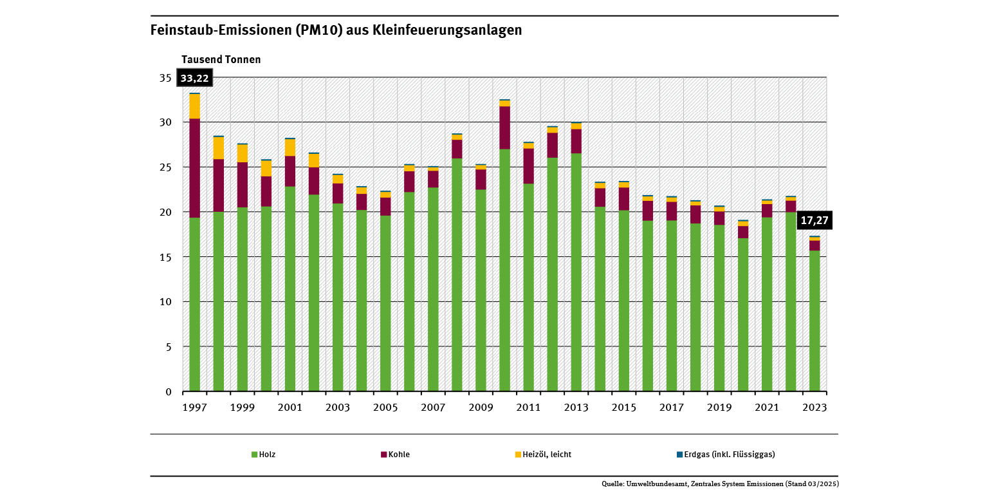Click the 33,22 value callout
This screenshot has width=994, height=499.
(x=194, y=79)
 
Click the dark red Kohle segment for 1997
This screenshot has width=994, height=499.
(x=194, y=168)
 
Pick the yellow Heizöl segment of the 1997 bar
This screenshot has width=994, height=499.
(x=194, y=106)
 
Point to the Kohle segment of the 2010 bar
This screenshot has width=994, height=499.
(x=504, y=127)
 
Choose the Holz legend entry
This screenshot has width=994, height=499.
(x=264, y=455)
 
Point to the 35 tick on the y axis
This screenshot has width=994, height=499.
(x=165, y=78)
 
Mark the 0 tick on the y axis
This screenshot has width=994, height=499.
(x=169, y=391)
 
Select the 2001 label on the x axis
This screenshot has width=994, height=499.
(x=290, y=408)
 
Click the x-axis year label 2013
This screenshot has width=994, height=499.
(x=576, y=408)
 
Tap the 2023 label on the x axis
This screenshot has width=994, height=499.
(x=815, y=408)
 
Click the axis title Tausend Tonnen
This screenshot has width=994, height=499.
(x=221, y=60)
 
